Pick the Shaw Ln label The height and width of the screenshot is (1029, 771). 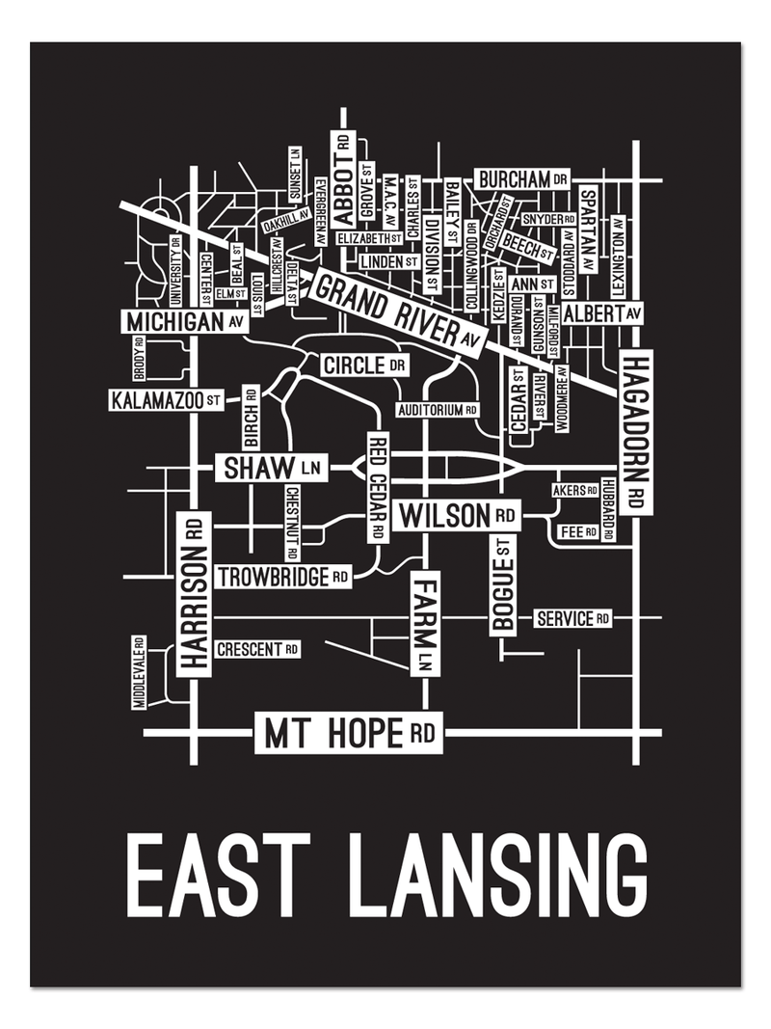[271, 469]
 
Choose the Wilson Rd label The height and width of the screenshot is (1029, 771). [457, 515]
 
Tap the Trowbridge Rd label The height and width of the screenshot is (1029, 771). [283, 577]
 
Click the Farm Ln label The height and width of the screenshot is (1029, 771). [425, 622]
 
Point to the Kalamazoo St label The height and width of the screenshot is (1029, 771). [169, 399]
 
